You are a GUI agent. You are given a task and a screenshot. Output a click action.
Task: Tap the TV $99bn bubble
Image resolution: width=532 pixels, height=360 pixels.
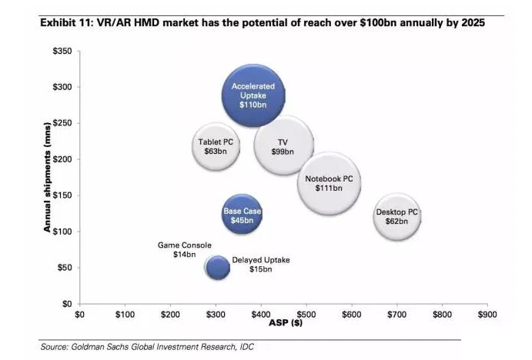[283, 147]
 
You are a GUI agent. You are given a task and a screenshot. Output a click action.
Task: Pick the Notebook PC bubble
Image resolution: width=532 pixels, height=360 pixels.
[329, 183]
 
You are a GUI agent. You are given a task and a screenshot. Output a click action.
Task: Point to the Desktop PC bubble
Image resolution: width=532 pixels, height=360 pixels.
[397, 216]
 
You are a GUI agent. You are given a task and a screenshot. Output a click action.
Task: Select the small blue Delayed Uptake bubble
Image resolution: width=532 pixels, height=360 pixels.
[218, 267]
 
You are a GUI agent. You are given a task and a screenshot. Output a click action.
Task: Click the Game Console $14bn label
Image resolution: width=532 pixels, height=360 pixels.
[185, 249]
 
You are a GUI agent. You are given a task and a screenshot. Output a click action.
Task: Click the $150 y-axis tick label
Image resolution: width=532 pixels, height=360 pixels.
[62, 195]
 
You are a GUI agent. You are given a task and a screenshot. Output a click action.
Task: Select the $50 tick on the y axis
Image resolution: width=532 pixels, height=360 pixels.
[64, 268]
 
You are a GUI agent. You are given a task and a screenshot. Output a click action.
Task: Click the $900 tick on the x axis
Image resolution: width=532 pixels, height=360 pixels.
[487, 315]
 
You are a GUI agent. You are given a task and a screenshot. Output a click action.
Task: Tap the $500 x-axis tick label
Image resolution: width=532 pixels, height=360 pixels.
[306, 315]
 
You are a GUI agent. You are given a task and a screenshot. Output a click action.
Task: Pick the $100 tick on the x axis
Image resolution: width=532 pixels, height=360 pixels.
[124, 315]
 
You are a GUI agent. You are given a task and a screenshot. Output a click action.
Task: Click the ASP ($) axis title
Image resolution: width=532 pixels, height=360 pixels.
[283, 325]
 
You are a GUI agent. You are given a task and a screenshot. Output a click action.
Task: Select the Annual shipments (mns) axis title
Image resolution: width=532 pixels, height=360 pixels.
[47, 178]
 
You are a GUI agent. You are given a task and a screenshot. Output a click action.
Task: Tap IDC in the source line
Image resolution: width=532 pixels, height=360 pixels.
[245, 347]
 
